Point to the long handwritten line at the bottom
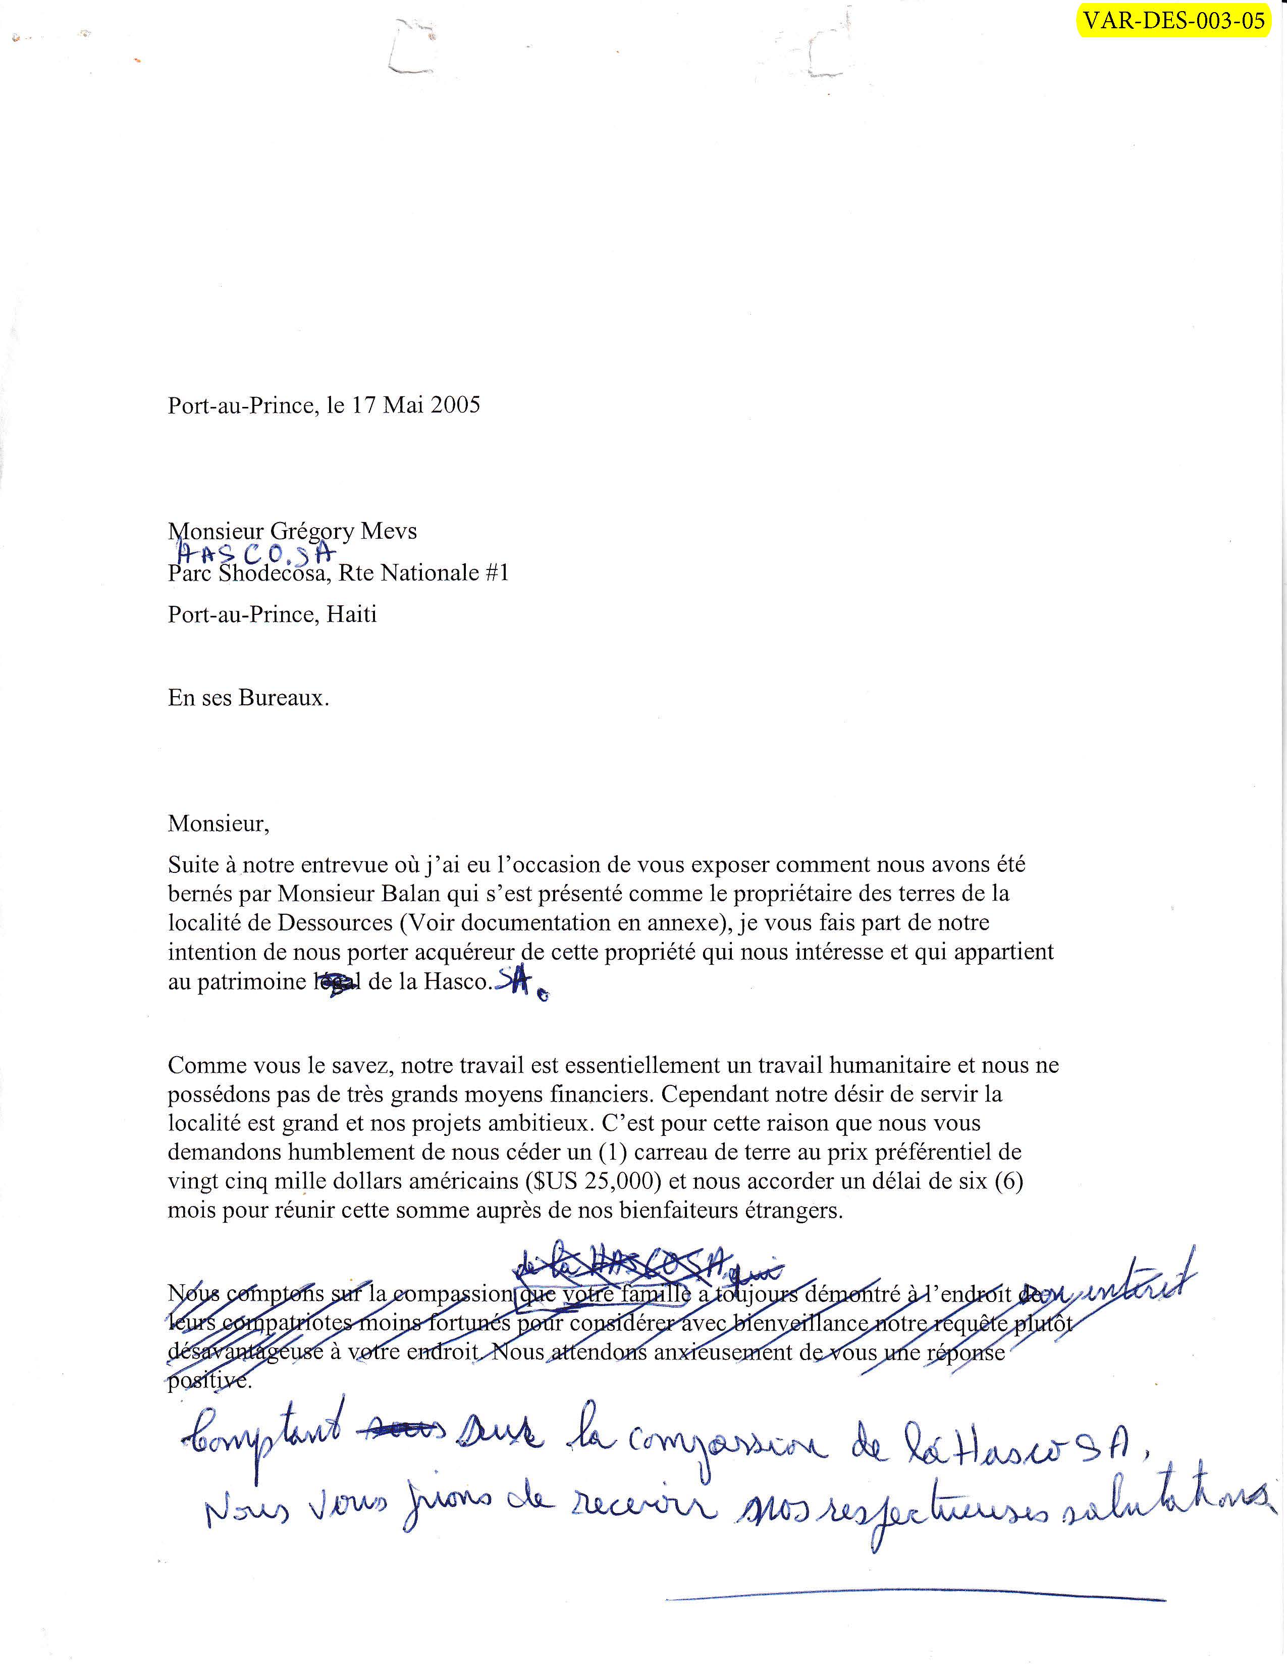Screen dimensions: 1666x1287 915,1598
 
